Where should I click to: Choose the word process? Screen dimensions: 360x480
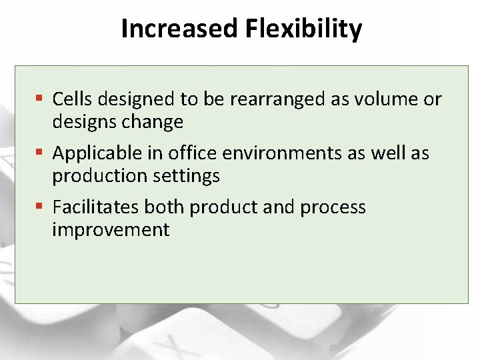tap(333, 207)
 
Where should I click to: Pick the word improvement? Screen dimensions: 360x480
tap(111, 230)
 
